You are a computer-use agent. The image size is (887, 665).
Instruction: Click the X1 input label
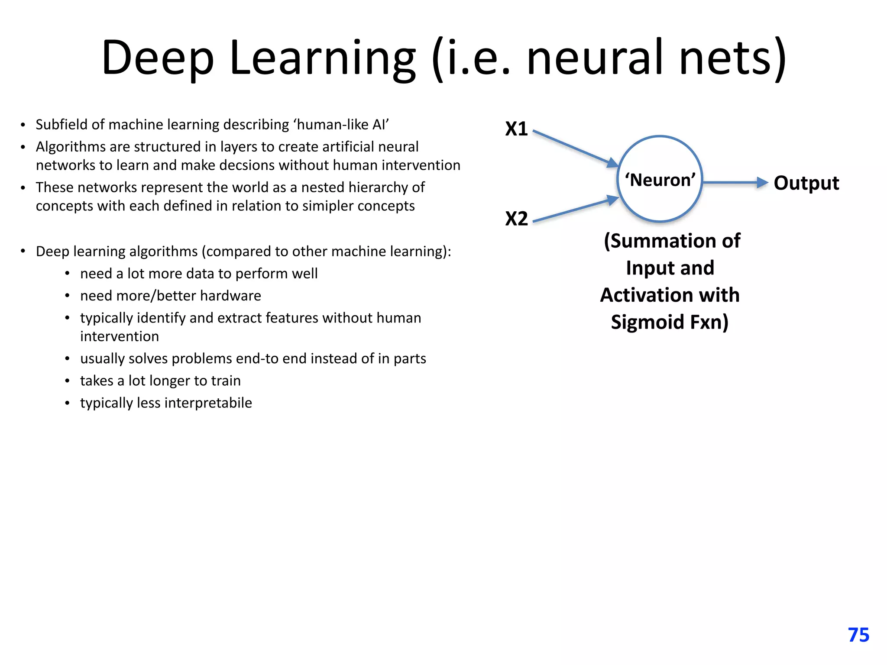pyautogui.click(x=516, y=129)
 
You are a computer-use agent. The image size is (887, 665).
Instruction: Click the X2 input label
pyautogui.click(x=516, y=219)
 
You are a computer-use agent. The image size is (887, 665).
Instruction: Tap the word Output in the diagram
pyautogui.click(x=806, y=183)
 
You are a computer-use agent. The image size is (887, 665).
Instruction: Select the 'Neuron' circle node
pyautogui.click(x=660, y=179)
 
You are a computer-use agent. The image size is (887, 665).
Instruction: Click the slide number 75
pyautogui.click(x=858, y=635)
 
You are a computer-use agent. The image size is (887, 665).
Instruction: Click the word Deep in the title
pyautogui.click(x=158, y=58)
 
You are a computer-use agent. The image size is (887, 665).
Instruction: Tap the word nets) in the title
pyautogui.click(x=732, y=58)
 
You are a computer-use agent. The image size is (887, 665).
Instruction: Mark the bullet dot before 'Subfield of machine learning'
pyautogui.click(x=23, y=125)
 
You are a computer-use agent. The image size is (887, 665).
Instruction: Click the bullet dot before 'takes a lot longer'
pyautogui.click(x=67, y=381)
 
